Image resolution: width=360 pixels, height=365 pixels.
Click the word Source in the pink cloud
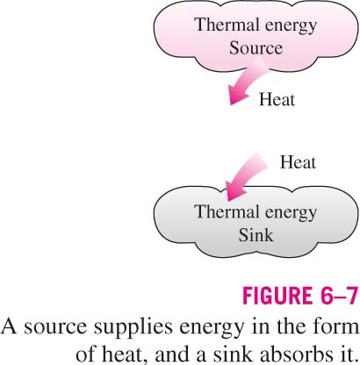click(x=256, y=47)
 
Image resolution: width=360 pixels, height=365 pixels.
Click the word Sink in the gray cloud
click(x=256, y=234)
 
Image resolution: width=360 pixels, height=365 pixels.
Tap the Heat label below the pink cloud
click(x=277, y=99)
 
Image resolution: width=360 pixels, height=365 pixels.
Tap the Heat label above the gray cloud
click(x=298, y=162)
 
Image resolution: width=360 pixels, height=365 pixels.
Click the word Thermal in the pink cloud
click(x=225, y=25)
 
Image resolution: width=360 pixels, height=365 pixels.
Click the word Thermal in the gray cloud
click(x=225, y=211)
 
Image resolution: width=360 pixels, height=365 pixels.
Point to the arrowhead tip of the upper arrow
click(x=230, y=104)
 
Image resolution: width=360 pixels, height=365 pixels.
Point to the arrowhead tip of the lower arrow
click(x=227, y=201)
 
